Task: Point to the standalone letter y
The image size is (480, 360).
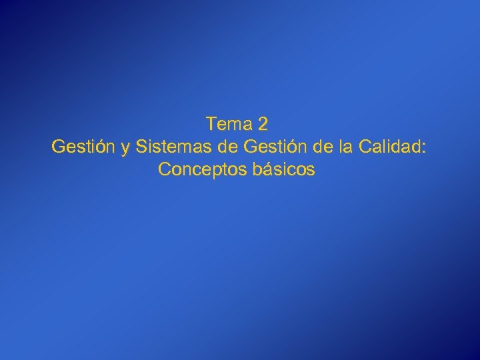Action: [125, 148]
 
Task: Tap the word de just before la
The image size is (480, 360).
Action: [324, 147]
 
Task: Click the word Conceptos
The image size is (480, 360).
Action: [203, 170]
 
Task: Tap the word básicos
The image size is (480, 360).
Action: [284, 170]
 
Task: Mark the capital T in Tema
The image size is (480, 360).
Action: [211, 124]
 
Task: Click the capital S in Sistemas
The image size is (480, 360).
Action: [141, 147]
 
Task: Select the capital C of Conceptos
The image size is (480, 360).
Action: [165, 170]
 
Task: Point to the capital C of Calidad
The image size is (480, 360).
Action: [364, 147]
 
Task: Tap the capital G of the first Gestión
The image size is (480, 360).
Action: [58, 147]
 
